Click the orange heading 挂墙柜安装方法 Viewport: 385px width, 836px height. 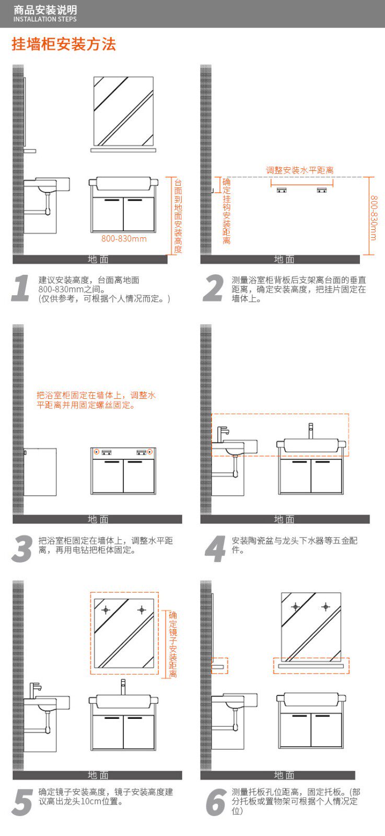(x=64, y=44)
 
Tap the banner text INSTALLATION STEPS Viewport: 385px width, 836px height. (x=45, y=19)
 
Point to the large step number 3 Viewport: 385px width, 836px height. (x=22, y=549)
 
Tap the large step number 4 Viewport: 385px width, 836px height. (x=215, y=549)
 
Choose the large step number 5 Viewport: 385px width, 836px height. (x=22, y=803)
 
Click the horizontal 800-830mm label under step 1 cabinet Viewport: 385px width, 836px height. (x=124, y=239)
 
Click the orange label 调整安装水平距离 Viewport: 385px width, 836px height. (x=300, y=170)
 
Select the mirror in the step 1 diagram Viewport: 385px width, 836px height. (x=123, y=111)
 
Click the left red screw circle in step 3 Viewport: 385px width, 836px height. (x=97, y=451)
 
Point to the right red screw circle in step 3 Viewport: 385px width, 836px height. (x=150, y=451)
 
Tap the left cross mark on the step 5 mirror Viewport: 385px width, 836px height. (x=106, y=610)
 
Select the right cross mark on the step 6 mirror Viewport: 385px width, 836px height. (x=325, y=607)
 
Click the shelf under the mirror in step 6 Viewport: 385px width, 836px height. (x=310, y=666)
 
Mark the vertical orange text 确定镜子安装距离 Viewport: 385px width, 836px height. (x=173, y=644)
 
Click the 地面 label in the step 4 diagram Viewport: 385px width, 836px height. (x=284, y=519)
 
